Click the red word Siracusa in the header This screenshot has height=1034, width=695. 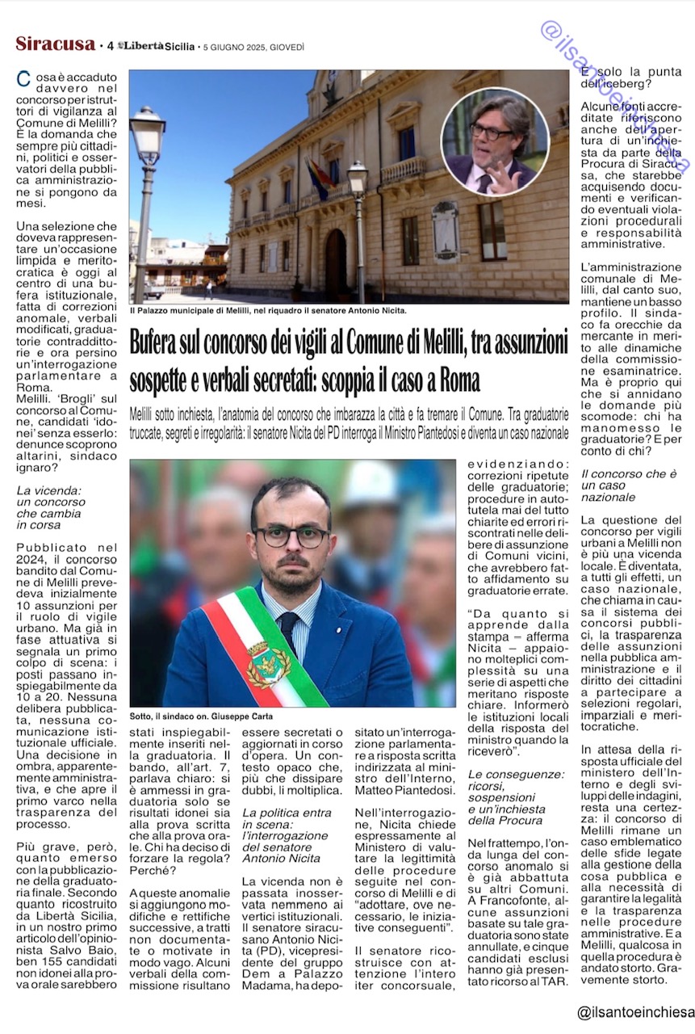[55, 44]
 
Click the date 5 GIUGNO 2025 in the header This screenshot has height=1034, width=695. [253, 47]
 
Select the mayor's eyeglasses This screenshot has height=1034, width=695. [291, 536]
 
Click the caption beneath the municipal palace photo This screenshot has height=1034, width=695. [268, 310]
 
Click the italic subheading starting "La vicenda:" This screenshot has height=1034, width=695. [51, 507]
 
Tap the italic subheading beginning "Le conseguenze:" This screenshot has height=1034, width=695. [517, 797]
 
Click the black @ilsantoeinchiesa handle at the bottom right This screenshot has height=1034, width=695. [635, 1012]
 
